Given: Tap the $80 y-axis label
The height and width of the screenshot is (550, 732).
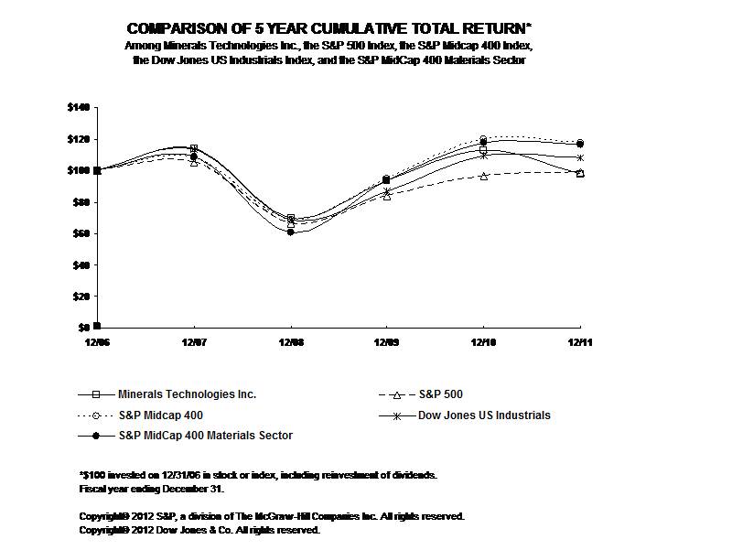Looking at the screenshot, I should (81, 201).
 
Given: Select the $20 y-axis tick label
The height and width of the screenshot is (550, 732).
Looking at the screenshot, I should (81, 296).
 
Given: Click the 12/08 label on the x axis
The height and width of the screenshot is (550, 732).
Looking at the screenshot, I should (291, 340).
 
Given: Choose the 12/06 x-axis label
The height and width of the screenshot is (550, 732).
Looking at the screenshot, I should (96, 340).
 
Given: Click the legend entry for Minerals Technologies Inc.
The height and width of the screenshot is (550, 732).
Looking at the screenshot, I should (187, 394).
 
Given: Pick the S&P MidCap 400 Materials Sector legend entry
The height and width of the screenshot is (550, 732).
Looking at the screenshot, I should (205, 436).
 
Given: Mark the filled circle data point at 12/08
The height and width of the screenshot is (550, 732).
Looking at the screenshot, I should (291, 232).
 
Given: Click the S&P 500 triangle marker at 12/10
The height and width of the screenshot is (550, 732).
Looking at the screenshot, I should (484, 176).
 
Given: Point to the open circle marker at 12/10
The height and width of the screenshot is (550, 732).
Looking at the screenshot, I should (484, 139).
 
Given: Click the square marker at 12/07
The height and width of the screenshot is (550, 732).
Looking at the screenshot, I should (193, 148).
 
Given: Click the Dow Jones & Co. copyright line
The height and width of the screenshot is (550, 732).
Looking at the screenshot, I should (199, 530).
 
